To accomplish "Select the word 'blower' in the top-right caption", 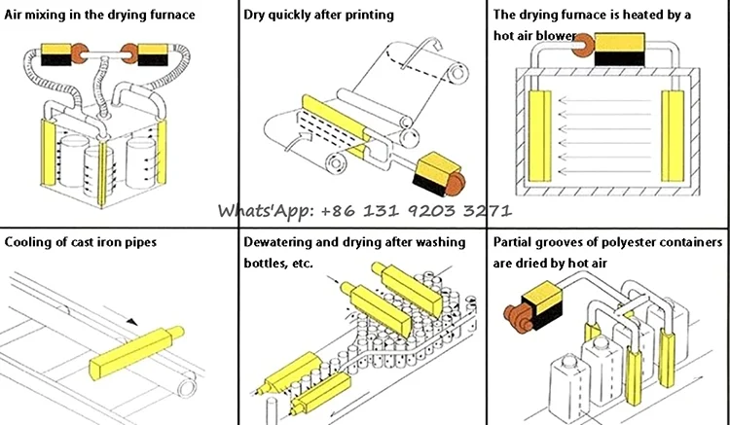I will coord(552,39).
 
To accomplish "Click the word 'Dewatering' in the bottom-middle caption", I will coord(289,241).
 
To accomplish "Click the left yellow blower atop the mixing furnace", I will coord(53,53).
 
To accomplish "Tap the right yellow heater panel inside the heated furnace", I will coord(672,135).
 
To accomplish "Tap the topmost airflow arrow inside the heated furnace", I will coord(603,98).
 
